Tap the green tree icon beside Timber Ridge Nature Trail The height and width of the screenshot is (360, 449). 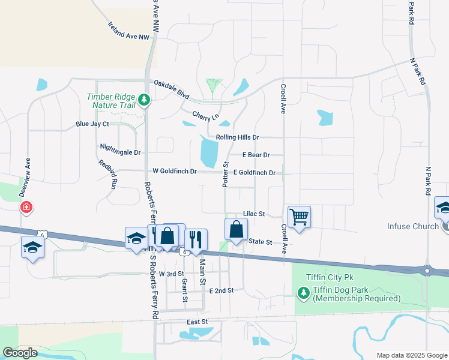pos(143,100)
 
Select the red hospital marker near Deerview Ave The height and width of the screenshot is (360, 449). pos(26,208)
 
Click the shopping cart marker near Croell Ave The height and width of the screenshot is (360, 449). pos(299,217)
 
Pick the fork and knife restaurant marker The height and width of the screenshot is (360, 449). pos(196,239)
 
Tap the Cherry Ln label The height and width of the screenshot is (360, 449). pos(205,115)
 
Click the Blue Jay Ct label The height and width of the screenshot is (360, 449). pos(92,124)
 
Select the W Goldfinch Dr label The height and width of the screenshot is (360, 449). pos(174,172)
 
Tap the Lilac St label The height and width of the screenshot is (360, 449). pos(254,214)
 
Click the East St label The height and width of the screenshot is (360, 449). pos(197,322)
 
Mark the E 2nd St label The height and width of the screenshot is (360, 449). pos(221,290)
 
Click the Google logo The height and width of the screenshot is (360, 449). pos(20,353)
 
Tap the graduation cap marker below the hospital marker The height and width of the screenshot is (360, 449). pos(32,247)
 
